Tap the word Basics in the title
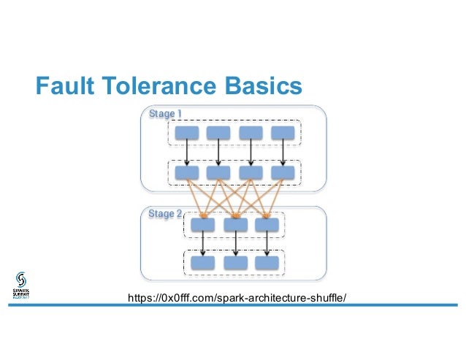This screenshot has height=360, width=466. (261, 87)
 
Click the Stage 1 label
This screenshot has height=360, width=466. (165, 114)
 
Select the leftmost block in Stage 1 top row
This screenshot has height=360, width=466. (186, 133)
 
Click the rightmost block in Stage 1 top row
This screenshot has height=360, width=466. (283, 133)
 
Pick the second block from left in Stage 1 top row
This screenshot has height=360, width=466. (218, 133)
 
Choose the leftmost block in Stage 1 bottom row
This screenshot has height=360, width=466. (186, 172)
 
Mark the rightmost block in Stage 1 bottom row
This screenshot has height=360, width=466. (283, 172)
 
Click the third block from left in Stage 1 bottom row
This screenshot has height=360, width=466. (251, 172)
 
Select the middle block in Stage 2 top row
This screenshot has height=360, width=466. (235, 224)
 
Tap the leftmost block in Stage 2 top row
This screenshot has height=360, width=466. (202, 224)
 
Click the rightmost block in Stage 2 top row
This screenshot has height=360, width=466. (267, 224)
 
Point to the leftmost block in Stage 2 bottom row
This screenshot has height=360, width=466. (202, 262)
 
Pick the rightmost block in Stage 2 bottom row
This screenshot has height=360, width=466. (267, 262)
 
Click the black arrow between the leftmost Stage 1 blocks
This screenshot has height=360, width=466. (186, 153)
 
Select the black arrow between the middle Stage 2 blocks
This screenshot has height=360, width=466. (235, 243)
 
